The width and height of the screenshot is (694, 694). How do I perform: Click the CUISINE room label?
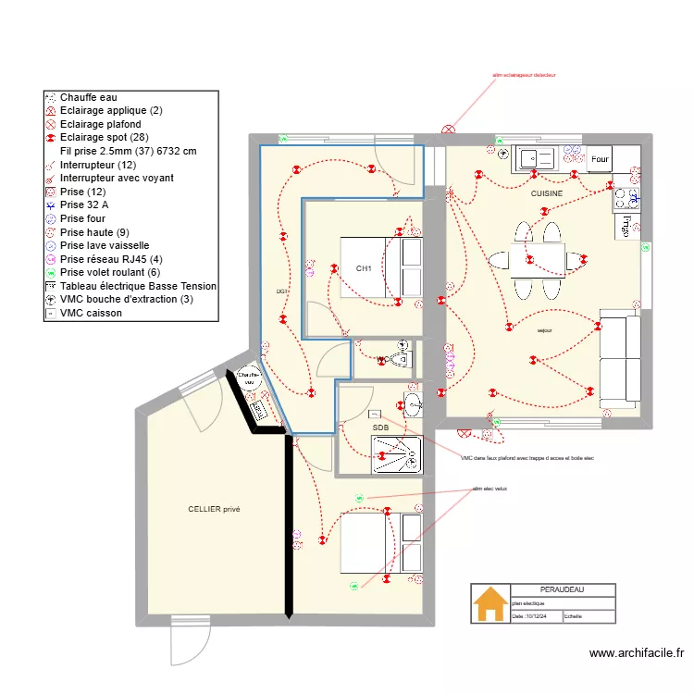click(x=546, y=193)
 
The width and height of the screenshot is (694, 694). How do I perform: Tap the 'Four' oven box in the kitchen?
click(x=600, y=159)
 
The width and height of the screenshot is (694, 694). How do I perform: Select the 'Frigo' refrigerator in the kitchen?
click(x=626, y=224)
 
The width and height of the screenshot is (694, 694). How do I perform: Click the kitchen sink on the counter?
click(x=534, y=158)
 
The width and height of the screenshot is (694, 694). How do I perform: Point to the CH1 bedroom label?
click(x=364, y=269)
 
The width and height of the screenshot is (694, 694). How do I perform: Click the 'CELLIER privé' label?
click(x=214, y=509)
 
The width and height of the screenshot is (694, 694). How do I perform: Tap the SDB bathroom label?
click(x=380, y=428)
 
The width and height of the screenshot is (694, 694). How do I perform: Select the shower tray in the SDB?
click(x=396, y=454)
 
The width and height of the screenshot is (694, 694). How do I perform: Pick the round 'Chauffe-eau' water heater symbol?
click(x=248, y=378)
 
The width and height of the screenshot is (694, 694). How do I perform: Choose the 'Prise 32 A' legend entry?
click(x=84, y=204)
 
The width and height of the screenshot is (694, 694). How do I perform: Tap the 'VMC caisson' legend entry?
click(x=91, y=313)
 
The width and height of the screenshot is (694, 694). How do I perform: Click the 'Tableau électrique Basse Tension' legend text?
click(x=138, y=286)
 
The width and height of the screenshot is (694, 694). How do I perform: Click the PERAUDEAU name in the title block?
click(x=563, y=589)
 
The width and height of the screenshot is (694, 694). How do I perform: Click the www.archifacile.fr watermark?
click(x=638, y=654)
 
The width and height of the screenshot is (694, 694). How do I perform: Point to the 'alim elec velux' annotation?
click(x=490, y=489)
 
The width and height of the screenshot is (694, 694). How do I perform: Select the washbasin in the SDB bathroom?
click(x=413, y=403)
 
